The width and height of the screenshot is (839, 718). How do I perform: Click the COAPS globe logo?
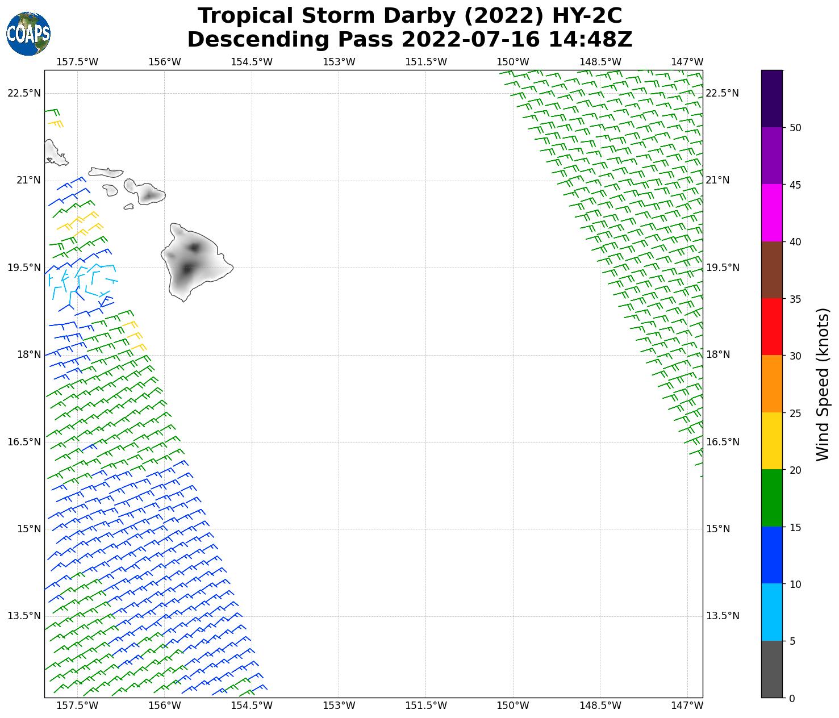(28, 34)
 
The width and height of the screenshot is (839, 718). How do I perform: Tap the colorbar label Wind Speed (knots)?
(822, 384)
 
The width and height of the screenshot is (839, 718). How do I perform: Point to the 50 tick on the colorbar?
(795, 128)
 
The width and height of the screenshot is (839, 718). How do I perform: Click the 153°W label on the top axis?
(339, 62)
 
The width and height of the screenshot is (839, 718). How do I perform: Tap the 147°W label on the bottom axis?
(687, 706)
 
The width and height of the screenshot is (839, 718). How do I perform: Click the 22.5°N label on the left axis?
(24, 93)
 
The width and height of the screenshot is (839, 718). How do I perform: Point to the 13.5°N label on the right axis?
(722, 616)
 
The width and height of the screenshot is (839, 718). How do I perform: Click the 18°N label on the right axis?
(717, 354)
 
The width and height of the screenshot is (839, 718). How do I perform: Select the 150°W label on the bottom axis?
(513, 706)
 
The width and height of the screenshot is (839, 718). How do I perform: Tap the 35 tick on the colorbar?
(795, 299)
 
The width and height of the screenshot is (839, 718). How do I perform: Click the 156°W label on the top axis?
(165, 62)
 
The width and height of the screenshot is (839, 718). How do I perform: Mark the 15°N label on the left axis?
(28, 529)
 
